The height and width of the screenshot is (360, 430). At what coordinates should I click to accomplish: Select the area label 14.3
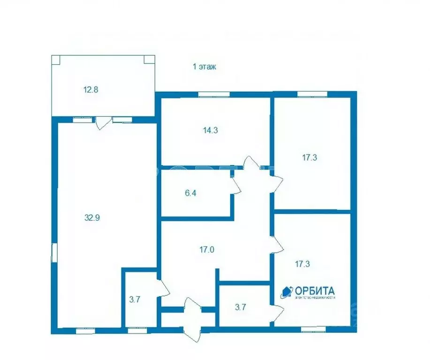pyautogui.click(x=210, y=131)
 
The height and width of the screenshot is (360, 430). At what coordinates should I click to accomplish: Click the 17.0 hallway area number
pyautogui.click(x=207, y=250)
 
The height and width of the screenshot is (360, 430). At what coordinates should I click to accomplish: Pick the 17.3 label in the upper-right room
pyautogui.click(x=310, y=158)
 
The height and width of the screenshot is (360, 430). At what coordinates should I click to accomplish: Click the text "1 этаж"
pyautogui.click(x=204, y=67)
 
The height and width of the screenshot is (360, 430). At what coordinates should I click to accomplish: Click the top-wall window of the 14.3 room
pyautogui.click(x=214, y=94)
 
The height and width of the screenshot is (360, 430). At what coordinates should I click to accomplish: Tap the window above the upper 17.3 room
pyautogui.click(x=312, y=94)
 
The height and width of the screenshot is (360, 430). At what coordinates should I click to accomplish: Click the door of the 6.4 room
pyautogui.click(x=236, y=184)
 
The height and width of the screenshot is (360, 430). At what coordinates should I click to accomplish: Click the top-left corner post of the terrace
pyautogui.click(x=55, y=59)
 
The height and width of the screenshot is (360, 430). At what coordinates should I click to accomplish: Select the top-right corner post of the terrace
pyautogui.click(x=148, y=59)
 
